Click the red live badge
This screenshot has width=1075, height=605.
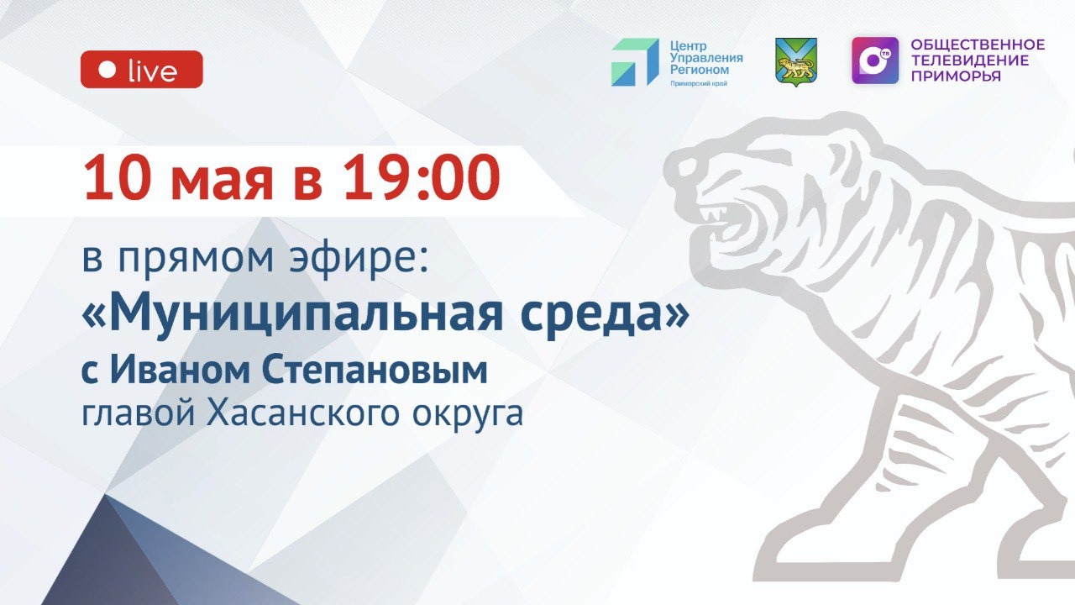(x=141, y=70)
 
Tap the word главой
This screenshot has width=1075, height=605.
(x=135, y=414)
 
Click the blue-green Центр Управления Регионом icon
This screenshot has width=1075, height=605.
(x=634, y=62)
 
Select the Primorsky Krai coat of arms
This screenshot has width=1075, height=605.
(x=795, y=62)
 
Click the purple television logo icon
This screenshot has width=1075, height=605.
(x=874, y=60)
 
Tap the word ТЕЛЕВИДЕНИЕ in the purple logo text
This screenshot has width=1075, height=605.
(x=969, y=60)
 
